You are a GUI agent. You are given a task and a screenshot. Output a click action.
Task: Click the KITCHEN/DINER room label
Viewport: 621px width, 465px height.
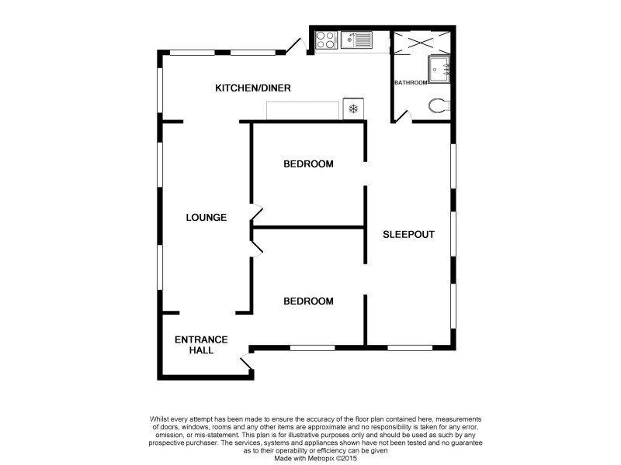253,88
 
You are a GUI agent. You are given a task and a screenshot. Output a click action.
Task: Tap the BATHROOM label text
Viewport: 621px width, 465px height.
411,82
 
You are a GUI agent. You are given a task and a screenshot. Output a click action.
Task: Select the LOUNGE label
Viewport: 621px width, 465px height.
206,218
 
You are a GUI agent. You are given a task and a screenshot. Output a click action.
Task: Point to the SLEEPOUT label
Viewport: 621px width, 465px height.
408,233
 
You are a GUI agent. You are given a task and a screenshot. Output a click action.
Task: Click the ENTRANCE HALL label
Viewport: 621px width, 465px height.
200,345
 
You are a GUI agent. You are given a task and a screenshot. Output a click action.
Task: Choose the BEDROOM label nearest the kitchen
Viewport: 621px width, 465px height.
308,164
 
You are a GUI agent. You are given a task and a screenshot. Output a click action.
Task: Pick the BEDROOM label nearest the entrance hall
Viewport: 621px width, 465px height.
308,301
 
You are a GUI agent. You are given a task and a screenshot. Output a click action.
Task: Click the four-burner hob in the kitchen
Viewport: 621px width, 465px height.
326,39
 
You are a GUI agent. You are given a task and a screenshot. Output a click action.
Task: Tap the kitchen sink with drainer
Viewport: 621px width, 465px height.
357,39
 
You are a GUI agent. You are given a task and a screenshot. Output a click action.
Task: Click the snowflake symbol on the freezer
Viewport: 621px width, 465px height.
354,109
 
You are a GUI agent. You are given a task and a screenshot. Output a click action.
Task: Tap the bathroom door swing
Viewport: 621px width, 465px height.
401,115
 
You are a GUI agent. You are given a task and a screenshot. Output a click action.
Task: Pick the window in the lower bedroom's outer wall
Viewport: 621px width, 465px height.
312,348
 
